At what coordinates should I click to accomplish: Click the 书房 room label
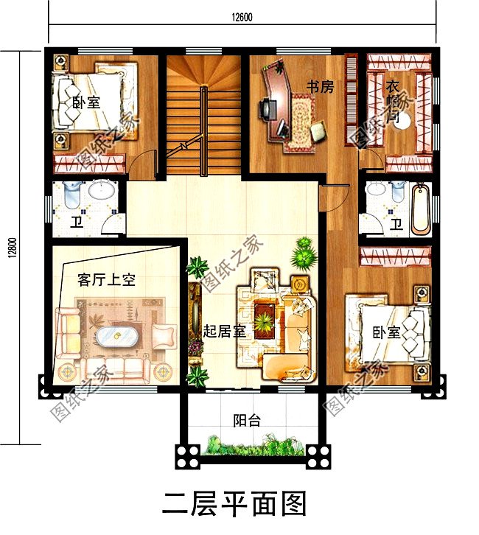(321, 87)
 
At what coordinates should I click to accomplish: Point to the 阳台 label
(246, 421)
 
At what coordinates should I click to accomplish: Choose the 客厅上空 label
(108, 280)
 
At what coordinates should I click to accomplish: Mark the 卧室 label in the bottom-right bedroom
(385, 332)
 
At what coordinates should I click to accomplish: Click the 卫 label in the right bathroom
(396, 224)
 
